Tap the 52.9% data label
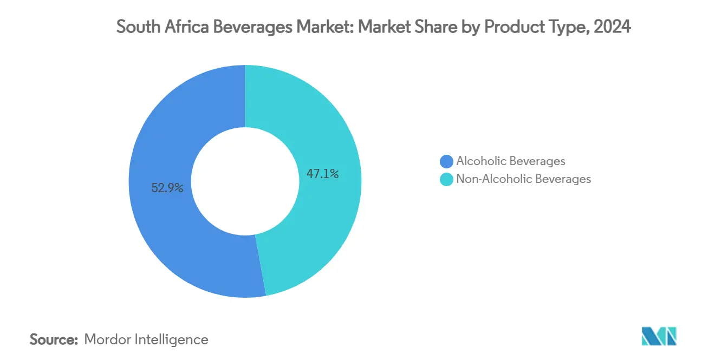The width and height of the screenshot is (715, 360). coord(167,188)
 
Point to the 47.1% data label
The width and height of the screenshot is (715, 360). coord(323,174)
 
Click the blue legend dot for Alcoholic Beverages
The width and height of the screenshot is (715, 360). coord(447,161)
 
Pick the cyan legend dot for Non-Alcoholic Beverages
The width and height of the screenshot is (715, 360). coord(447,179)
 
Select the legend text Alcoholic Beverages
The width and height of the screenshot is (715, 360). coord(511,161)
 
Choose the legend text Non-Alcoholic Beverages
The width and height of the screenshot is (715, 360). coord(523,179)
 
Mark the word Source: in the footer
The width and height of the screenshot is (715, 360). coord(54,340)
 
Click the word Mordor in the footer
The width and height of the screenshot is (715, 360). coord(107,340)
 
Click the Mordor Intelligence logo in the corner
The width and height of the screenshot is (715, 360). coord(659,337)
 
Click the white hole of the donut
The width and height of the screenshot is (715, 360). coord(245,181)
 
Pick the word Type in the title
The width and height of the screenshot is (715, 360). coord(568,28)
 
